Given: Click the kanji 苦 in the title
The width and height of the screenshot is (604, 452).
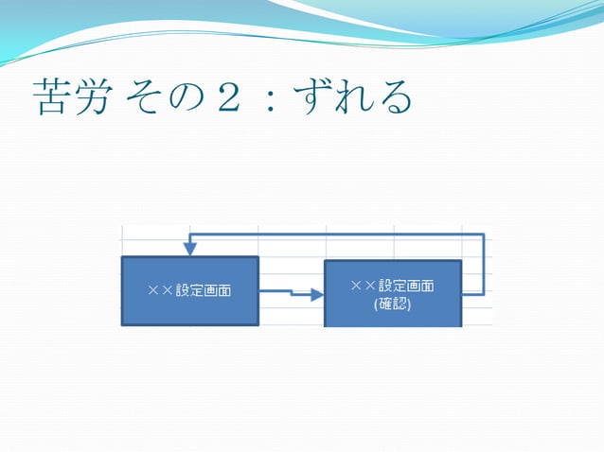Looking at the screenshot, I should (x=48, y=97).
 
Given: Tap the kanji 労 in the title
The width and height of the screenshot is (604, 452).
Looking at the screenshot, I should (x=91, y=97).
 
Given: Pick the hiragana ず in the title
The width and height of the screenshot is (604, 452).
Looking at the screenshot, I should (x=311, y=97).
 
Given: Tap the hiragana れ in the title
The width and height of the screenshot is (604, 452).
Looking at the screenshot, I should (x=352, y=97).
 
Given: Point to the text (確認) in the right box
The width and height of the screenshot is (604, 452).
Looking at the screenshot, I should (x=392, y=304).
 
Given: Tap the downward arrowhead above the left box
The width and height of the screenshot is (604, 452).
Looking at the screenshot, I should (x=190, y=249).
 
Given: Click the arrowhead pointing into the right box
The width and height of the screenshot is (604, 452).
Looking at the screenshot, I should (x=317, y=295).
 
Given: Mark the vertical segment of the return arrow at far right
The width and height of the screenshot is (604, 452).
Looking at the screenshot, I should (x=485, y=265).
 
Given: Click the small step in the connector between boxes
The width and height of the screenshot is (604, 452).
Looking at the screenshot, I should (x=291, y=293).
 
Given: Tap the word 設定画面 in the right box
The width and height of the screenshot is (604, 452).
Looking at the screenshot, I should (x=405, y=286).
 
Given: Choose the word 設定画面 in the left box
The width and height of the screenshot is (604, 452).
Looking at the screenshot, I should (x=203, y=290).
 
